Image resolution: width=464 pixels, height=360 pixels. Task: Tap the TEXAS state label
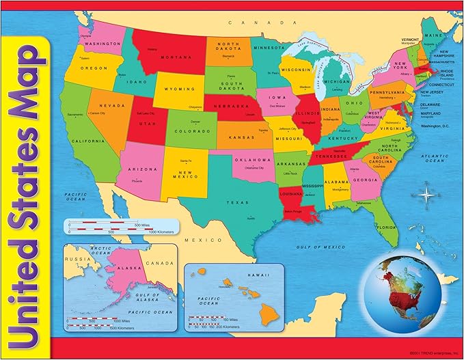coord(238,203)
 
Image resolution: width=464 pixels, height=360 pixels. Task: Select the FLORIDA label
coord(386,227)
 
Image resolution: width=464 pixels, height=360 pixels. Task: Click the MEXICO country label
coord(203,240)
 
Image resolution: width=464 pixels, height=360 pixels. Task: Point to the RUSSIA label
coord(74,259)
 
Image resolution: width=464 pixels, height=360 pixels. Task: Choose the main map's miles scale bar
coord(107,223)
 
